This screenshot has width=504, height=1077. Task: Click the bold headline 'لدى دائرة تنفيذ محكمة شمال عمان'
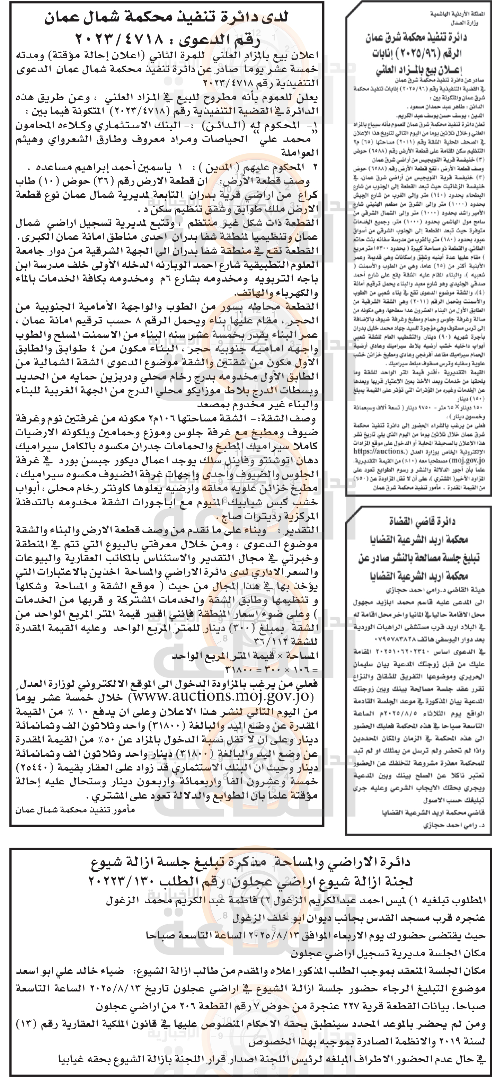[x=167, y=18]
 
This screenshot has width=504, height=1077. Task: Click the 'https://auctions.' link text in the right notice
[x=379, y=452]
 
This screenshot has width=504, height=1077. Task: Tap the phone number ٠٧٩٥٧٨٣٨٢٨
[x=385, y=640]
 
